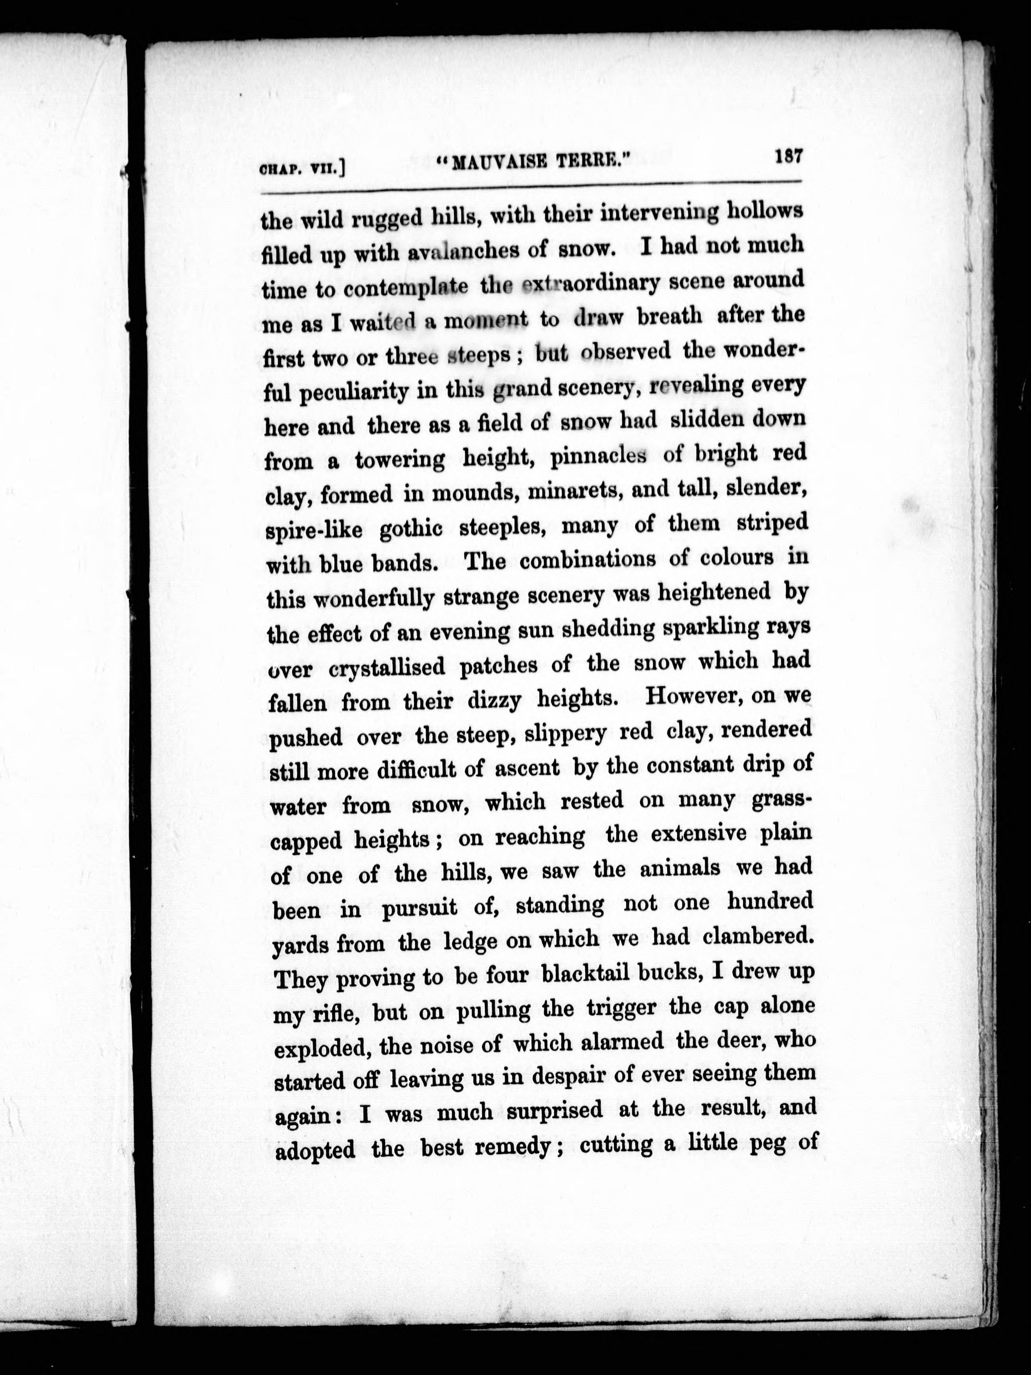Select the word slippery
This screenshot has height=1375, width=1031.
point(564,733)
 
